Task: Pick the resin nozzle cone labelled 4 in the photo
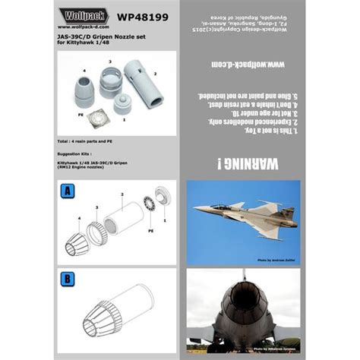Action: [x=90, y=95]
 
